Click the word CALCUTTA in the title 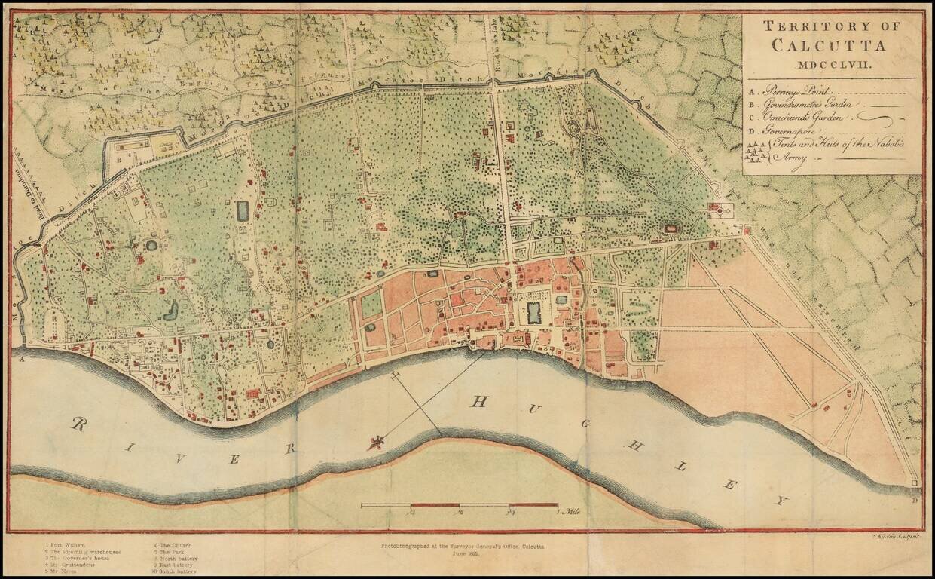tap(829, 45)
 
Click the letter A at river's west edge tap(22, 360)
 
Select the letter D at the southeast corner tap(915, 499)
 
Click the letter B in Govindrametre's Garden tap(118, 158)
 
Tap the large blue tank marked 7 tap(534, 312)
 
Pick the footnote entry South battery tap(175, 571)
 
